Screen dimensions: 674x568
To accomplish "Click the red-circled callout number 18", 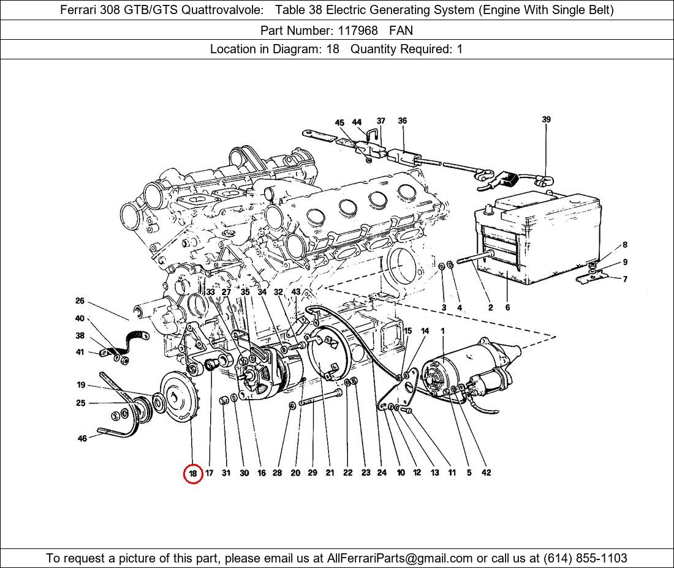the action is pyautogui.click(x=193, y=473).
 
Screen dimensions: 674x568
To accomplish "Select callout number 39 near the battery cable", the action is pyautogui.click(x=546, y=119).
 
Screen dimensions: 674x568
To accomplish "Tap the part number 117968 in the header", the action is pyautogui.click(x=358, y=31).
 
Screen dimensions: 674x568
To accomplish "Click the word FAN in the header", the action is pyautogui.click(x=401, y=31).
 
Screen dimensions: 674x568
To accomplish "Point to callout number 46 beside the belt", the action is pyautogui.click(x=82, y=438).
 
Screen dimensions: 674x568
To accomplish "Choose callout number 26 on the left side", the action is pyautogui.click(x=80, y=301).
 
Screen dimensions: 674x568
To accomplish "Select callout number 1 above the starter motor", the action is pyautogui.click(x=443, y=331).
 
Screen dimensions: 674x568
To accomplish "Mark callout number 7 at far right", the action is pyautogui.click(x=624, y=279).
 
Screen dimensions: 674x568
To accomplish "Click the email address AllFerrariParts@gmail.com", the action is pyautogui.click(x=399, y=558).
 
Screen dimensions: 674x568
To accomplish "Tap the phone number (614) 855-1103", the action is pyautogui.click(x=585, y=558).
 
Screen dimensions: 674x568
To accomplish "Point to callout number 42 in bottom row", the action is pyautogui.click(x=486, y=473).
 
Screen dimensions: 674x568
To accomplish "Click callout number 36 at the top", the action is pyautogui.click(x=403, y=121).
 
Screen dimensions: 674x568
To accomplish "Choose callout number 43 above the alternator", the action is pyautogui.click(x=296, y=292).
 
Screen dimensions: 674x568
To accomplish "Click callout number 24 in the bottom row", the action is pyautogui.click(x=382, y=473).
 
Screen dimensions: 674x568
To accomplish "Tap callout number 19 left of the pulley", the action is pyautogui.click(x=81, y=385).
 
